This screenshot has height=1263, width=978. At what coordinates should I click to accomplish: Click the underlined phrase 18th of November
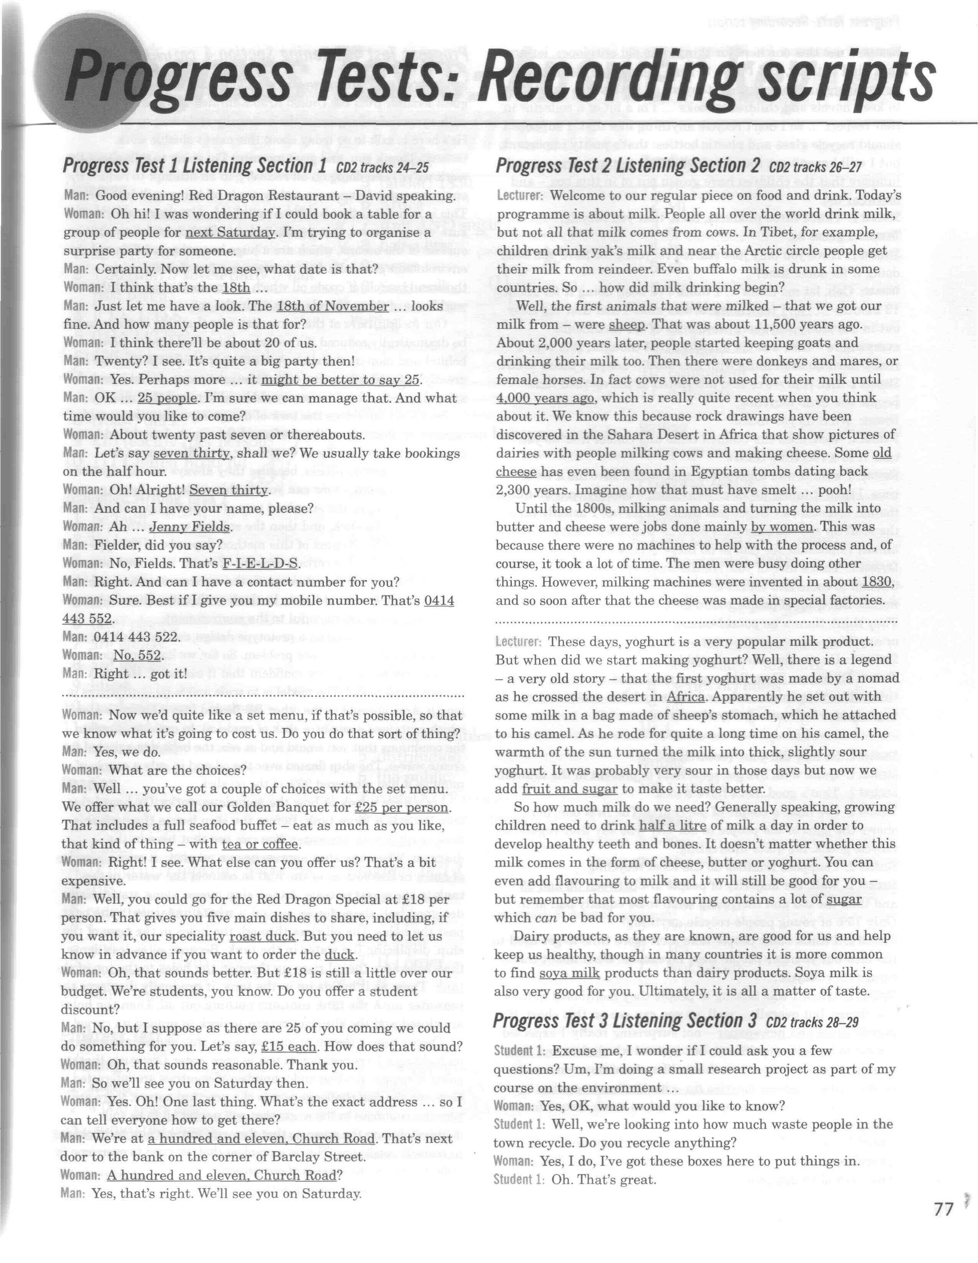pos(332,306)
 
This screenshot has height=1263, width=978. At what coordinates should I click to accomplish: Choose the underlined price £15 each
pos(289,1047)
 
